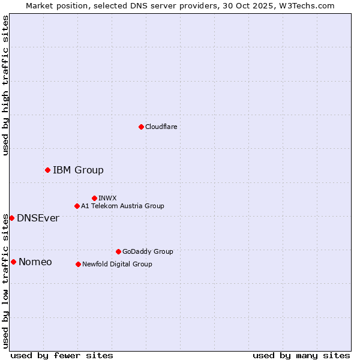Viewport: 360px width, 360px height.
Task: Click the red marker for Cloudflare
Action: point(141,127)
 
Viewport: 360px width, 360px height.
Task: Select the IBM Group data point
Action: point(47,170)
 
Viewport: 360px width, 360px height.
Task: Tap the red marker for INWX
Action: point(94,198)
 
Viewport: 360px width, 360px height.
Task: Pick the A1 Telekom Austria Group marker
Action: point(77,206)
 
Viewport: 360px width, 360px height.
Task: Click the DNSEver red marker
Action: point(11,218)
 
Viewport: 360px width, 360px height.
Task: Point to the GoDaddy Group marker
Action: point(118,251)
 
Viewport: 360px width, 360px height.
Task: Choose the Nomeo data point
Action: point(13,262)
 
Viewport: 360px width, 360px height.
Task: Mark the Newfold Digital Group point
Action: point(78,264)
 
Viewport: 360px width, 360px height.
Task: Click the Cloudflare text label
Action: point(161,127)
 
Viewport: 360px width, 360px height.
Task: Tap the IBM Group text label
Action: point(78,170)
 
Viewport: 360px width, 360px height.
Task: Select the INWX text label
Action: point(107,198)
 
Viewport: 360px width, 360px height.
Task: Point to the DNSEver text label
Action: point(38,218)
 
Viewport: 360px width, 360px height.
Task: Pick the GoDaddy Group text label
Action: point(148,251)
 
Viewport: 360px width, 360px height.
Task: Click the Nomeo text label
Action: point(35,262)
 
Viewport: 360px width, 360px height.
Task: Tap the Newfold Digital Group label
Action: point(117,264)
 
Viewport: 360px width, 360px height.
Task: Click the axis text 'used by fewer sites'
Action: point(62,355)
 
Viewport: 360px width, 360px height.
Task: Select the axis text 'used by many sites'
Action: point(301,355)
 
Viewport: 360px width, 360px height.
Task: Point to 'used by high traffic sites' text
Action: point(5,85)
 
